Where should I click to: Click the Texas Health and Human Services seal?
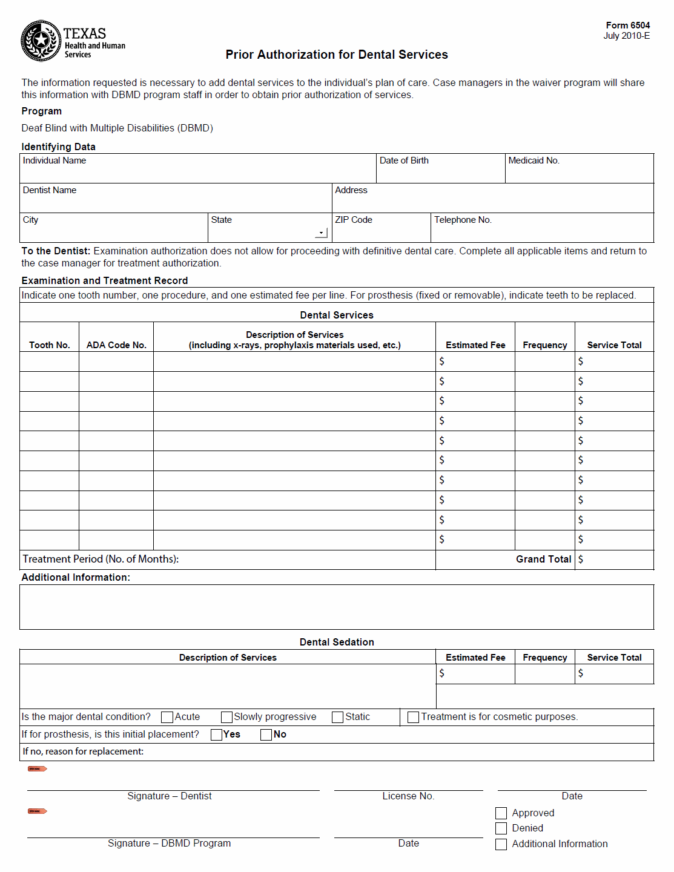(x=41, y=41)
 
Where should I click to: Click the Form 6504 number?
(x=627, y=25)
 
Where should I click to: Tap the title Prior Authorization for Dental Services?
(x=337, y=54)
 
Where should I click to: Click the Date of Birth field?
(x=440, y=171)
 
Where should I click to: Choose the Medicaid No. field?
(x=579, y=171)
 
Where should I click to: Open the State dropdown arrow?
(x=321, y=233)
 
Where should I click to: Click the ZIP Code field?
(x=381, y=230)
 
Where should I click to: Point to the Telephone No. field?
(x=542, y=230)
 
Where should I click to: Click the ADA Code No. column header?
(x=116, y=345)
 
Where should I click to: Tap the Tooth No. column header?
(x=50, y=345)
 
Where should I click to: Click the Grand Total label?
(x=543, y=560)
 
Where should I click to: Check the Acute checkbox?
(x=167, y=717)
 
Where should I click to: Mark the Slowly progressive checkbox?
(x=227, y=717)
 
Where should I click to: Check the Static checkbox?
(x=338, y=717)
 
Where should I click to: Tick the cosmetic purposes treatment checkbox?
(x=414, y=717)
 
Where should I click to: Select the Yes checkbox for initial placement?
(x=216, y=735)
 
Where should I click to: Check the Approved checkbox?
(x=501, y=813)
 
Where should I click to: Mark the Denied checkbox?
(x=501, y=828)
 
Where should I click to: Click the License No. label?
(x=408, y=796)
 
